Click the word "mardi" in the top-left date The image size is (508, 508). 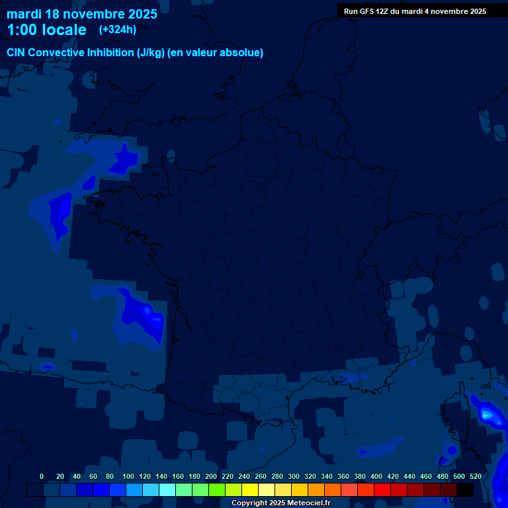click(x=24, y=14)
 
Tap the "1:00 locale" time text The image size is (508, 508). click(x=46, y=30)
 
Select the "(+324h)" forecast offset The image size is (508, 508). click(x=118, y=30)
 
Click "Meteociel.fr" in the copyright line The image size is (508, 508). click(x=308, y=503)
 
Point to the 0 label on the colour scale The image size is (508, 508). click(x=42, y=476)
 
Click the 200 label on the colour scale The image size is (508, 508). click(x=211, y=476)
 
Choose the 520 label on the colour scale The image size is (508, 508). click(x=475, y=476)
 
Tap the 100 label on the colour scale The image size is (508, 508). click(x=128, y=476)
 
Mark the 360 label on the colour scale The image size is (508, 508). click(x=343, y=476)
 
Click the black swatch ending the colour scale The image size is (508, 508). click(x=465, y=489)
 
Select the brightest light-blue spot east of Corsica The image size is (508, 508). click(x=487, y=415)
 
